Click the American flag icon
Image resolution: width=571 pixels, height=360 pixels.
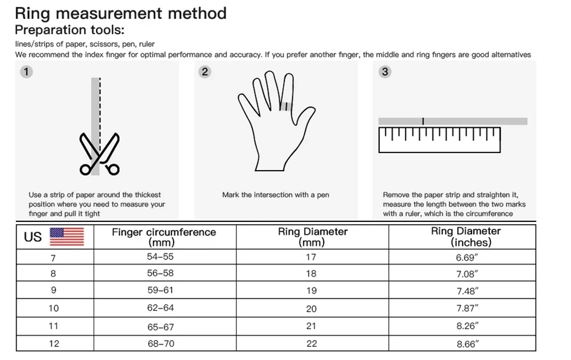pos(67,236)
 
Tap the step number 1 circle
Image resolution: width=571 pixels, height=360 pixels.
pos(26,72)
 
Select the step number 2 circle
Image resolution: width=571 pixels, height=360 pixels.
pos(206,72)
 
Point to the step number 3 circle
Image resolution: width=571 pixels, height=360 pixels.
pos(385,72)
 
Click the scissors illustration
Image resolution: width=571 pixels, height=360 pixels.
pos(100,153)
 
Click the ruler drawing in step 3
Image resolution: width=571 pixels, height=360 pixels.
pos(439,140)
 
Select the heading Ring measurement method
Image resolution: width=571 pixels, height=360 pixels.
pos(120,13)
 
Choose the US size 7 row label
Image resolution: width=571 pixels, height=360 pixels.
pos(53,258)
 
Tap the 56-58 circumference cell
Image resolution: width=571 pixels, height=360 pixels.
pos(160,273)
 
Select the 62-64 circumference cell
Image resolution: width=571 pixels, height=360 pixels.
pos(160,308)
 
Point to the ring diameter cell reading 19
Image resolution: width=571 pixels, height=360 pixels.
pos(311,290)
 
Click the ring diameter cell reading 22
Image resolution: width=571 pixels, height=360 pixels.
pos(311,344)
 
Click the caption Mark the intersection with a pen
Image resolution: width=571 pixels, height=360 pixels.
pos(276,195)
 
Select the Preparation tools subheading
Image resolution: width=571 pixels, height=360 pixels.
pos(69,30)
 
